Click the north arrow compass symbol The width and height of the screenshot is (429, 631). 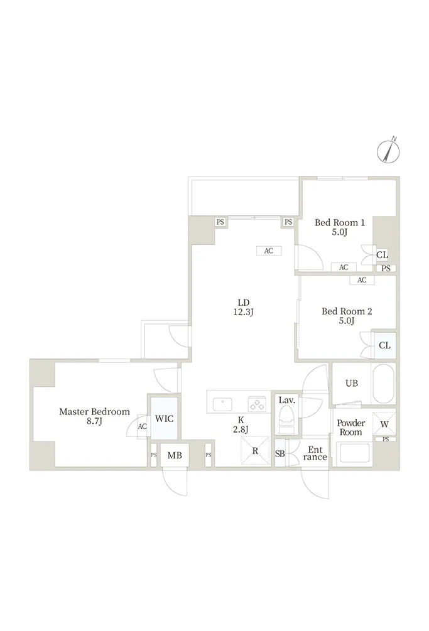[x=388, y=152]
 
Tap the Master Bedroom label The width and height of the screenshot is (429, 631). [x=95, y=412]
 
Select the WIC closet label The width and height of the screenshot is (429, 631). [x=164, y=419]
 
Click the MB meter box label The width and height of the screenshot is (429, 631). [x=175, y=455]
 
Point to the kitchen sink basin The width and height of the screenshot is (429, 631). [x=222, y=404]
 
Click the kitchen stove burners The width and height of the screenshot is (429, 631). [x=258, y=404]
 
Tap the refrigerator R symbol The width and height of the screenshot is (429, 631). [x=255, y=451]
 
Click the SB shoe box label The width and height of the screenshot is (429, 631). [x=280, y=453]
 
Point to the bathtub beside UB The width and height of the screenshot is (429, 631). [x=383, y=384]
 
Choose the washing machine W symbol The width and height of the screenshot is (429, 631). [x=384, y=424]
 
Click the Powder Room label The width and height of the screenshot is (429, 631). [x=351, y=428]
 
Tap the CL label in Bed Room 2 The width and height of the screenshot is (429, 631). [x=385, y=345]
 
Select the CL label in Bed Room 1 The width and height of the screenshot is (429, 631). [x=382, y=255]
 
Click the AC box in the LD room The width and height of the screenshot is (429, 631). [x=269, y=251]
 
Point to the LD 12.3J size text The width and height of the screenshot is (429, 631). [x=244, y=312]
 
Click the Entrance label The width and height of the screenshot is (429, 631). [x=315, y=453]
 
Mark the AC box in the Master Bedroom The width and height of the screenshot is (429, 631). [x=142, y=426]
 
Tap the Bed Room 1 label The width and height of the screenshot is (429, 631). [x=340, y=222]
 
